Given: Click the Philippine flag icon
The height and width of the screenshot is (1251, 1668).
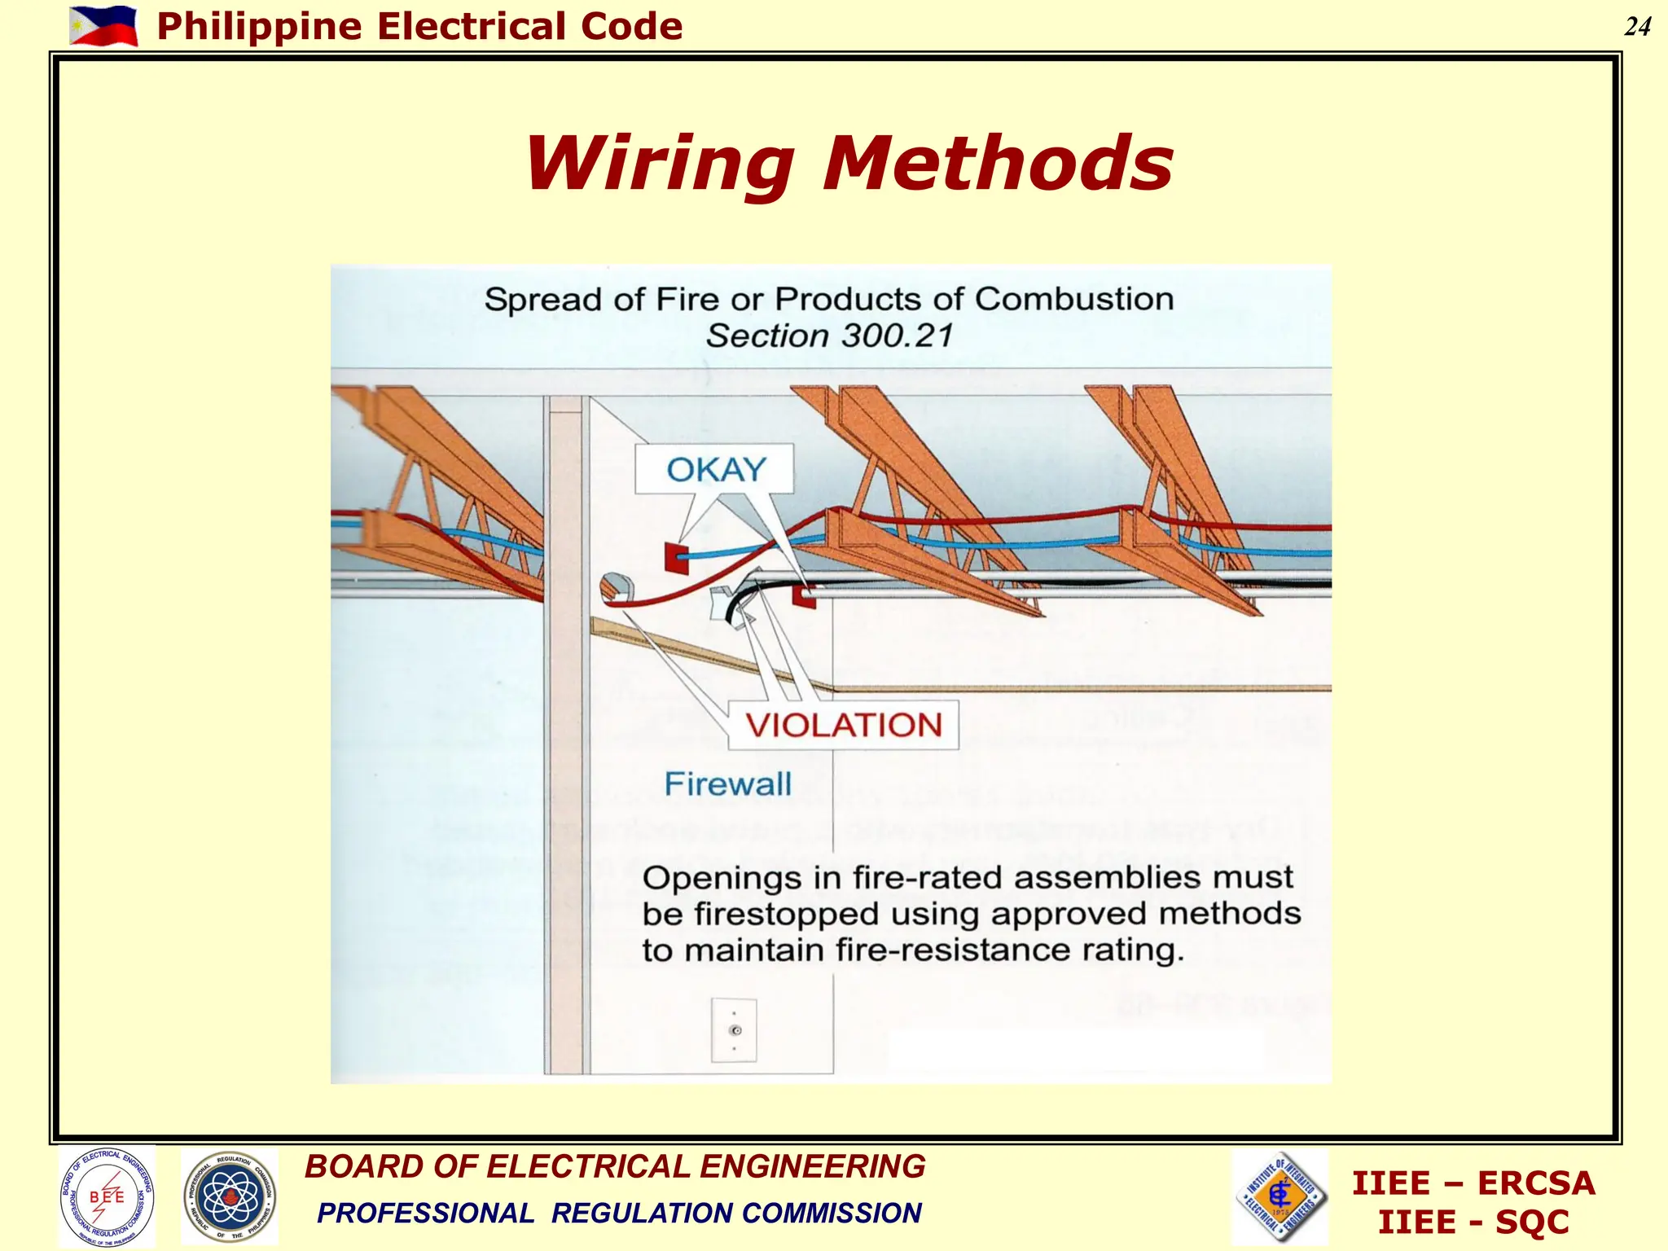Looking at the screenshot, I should click(103, 25).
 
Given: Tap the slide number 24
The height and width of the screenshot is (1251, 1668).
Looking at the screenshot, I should click(1637, 27).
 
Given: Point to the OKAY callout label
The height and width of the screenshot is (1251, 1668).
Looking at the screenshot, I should click(716, 470).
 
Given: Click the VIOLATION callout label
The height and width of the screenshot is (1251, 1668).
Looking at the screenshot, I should click(843, 725).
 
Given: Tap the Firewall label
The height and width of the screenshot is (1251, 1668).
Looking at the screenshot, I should click(727, 784).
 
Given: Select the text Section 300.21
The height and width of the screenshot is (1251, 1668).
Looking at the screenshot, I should click(829, 336).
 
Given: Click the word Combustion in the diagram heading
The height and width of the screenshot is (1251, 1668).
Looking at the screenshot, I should click(1073, 299).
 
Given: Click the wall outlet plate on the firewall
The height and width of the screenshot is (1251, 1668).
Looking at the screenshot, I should click(734, 1030).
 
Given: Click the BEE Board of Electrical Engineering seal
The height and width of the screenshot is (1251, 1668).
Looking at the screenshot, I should click(107, 1196).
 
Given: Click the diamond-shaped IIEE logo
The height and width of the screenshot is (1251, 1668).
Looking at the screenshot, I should click(1280, 1196).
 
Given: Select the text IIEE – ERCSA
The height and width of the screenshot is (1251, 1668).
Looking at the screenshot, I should click(1473, 1183).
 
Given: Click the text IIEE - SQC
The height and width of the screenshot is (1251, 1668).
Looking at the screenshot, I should click(1473, 1222).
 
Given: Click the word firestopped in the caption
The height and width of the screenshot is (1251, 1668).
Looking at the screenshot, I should click(787, 914).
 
